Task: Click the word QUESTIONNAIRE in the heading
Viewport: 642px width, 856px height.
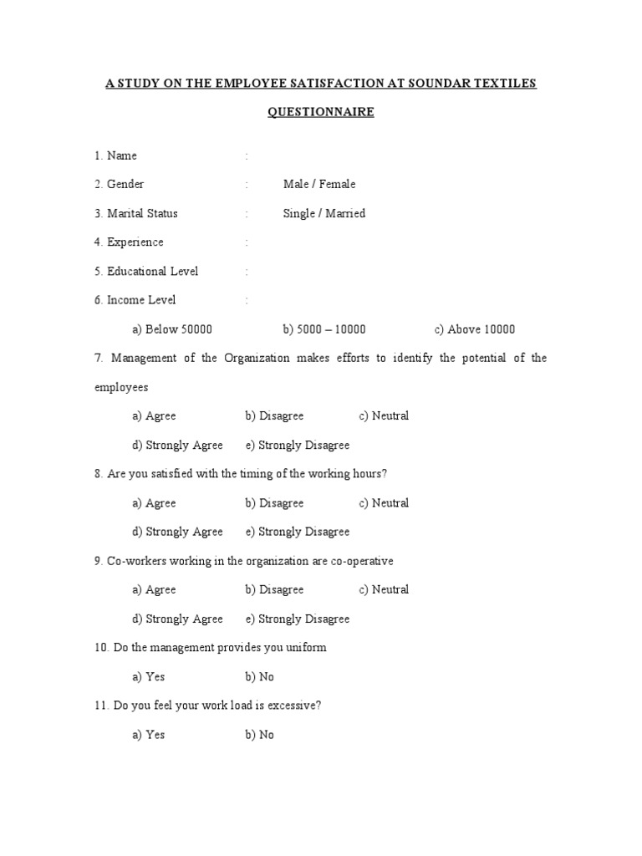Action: [x=320, y=112]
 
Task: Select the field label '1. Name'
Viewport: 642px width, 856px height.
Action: [x=115, y=155]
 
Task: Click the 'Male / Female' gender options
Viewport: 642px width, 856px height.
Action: [x=319, y=184]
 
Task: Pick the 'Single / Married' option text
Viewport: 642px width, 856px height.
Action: [x=324, y=213]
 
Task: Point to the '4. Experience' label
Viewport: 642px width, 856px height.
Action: [x=129, y=242]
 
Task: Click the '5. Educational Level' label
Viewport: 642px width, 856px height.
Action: [x=146, y=272]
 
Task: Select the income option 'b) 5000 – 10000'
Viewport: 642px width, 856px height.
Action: [x=324, y=329]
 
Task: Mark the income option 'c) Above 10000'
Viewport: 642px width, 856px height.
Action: [x=475, y=329]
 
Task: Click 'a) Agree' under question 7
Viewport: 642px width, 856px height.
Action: [x=154, y=416]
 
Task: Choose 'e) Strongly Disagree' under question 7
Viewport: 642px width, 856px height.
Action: [x=298, y=446]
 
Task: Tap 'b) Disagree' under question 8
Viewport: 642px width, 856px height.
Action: [x=274, y=503]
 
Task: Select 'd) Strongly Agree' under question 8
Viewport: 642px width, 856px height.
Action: [x=177, y=532]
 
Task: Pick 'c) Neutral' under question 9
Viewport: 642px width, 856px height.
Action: [x=384, y=590]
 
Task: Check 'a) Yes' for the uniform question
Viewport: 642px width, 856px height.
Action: [x=149, y=677]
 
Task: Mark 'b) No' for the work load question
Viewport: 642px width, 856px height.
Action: [x=259, y=735]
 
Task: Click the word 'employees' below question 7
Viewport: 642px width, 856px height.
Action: [x=121, y=387]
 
